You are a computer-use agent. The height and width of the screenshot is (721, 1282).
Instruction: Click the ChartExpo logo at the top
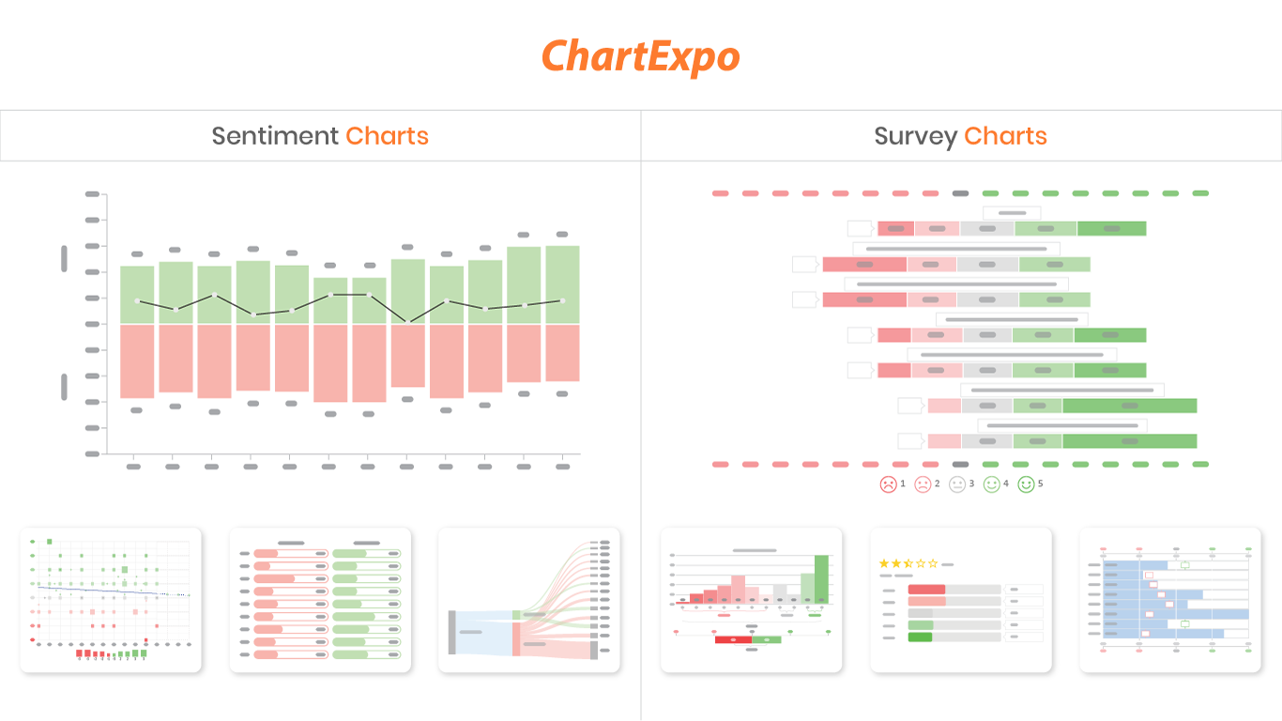[x=641, y=56]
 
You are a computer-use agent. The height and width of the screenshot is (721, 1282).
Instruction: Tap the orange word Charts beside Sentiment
[x=387, y=136]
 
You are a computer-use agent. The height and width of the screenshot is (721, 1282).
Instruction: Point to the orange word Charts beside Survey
[x=1005, y=136]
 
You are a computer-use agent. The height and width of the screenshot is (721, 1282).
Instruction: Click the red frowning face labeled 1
[x=888, y=484]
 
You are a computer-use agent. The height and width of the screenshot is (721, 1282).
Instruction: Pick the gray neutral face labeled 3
[x=957, y=484]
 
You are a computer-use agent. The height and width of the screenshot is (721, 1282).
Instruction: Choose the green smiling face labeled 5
[x=1027, y=484]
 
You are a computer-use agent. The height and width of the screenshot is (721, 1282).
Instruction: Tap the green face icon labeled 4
[x=992, y=484]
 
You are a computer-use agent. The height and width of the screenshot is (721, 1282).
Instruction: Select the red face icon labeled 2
[x=923, y=484]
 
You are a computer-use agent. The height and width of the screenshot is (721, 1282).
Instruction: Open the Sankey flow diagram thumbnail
[x=528, y=600]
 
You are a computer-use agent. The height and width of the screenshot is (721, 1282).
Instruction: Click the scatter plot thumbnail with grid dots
[x=111, y=600]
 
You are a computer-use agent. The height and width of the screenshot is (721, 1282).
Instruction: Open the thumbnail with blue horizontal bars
[x=1169, y=600]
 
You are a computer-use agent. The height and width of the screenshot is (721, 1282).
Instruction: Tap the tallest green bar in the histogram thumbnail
[x=821, y=579]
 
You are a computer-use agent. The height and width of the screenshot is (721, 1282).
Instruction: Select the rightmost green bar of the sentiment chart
[x=562, y=284]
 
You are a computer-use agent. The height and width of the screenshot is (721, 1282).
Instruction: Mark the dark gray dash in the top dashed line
[x=960, y=193]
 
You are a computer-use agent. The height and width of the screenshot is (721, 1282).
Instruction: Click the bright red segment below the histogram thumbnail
[x=733, y=639]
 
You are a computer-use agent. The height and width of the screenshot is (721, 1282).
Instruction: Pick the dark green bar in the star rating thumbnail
[x=921, y=637]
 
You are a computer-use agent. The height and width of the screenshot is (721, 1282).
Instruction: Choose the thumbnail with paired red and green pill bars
[x=320, y=600]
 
